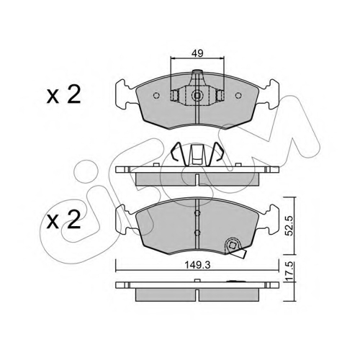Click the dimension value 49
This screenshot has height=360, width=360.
click(197, 53)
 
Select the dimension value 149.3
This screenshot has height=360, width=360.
click(197, 265)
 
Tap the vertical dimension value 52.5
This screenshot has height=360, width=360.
click(290, 225)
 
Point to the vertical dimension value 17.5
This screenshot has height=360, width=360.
click(290, 271)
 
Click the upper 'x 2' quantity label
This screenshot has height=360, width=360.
click(63, 95)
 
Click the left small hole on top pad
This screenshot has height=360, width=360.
click(156, 96)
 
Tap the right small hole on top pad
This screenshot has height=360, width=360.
click(238, 96)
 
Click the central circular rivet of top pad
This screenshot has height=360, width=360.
click(197, 96)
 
